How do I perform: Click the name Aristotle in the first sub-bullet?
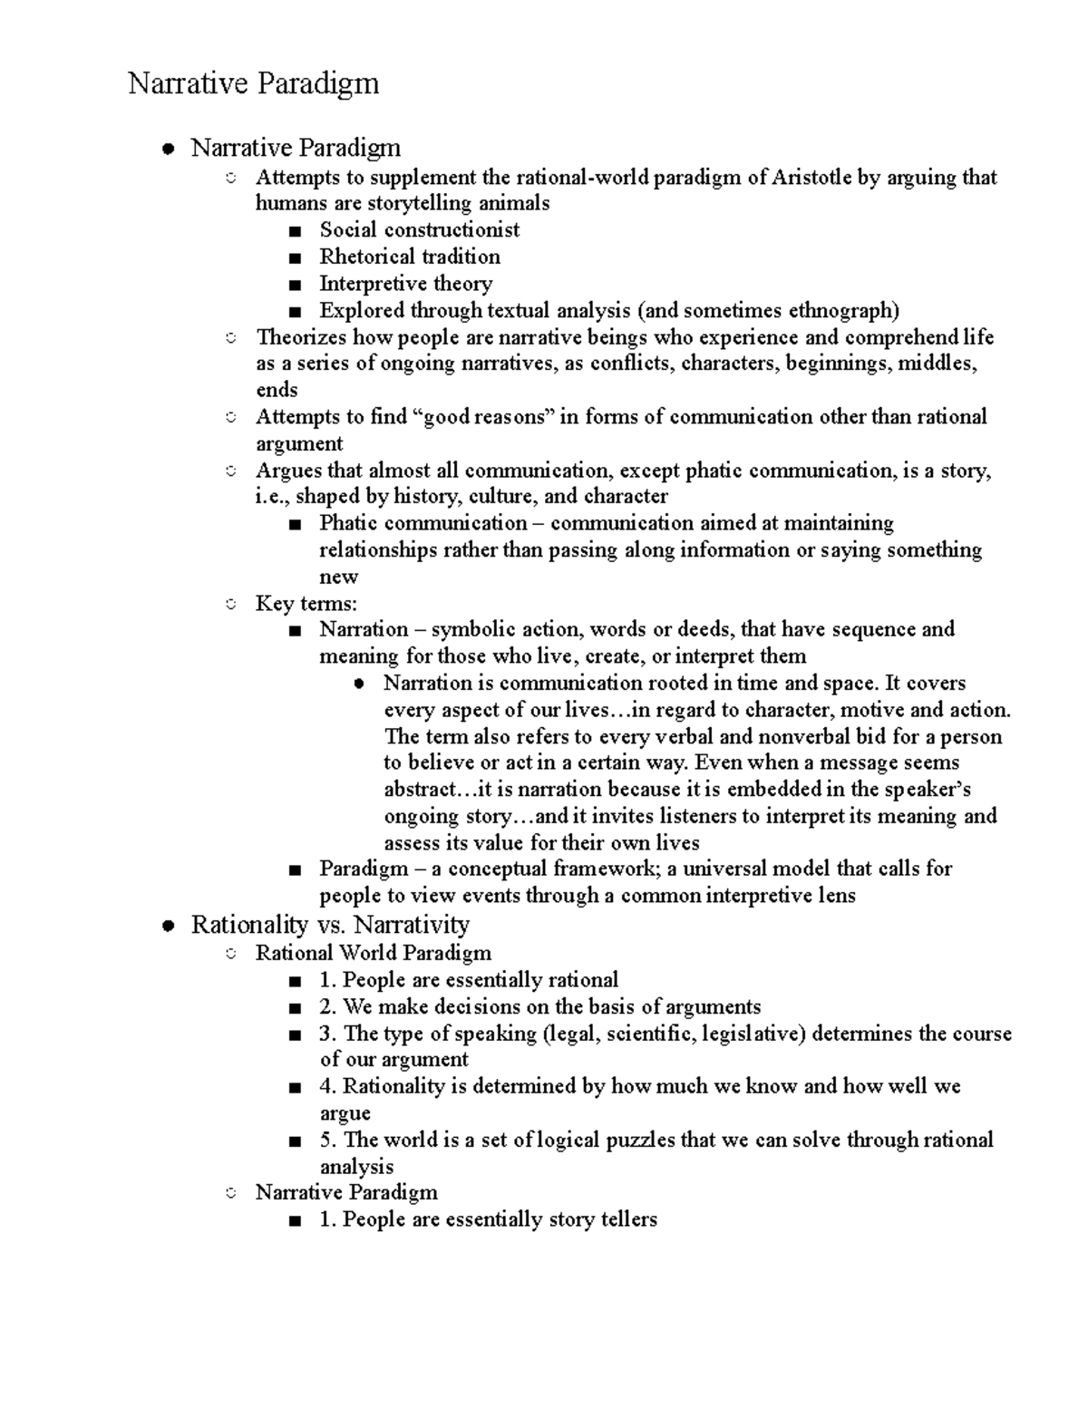811,178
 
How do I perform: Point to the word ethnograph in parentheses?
840,311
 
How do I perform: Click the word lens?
837,897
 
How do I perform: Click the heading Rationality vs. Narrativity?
330,925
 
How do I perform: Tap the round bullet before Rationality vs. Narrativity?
167,927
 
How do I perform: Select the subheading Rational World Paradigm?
373,953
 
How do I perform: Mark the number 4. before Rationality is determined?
327,1086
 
